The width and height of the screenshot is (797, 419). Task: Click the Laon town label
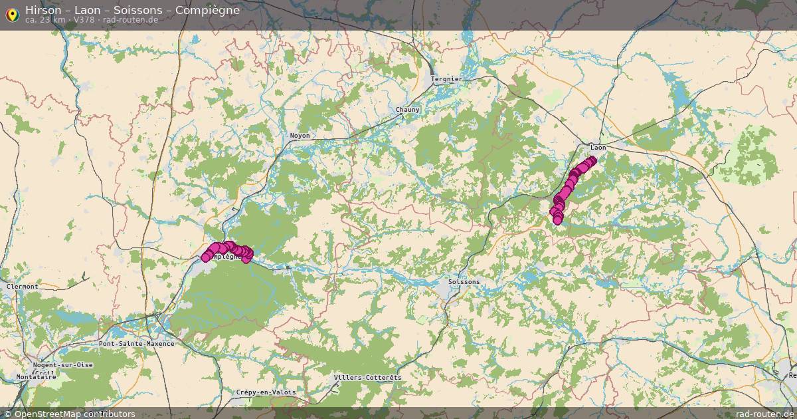pyautogui.click(x=598, y=147)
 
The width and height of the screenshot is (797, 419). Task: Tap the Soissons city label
pyautogui.click(x=464, y=282)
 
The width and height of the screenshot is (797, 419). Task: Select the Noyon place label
pyautogui.click(x=300, y=136)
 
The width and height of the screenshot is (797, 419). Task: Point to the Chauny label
pyautogui.click(x=407, y=109)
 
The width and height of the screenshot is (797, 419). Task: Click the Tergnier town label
pyautogui.click(x=446, y=78)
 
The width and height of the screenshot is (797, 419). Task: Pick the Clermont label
pyautogui.click(x=22, y=287)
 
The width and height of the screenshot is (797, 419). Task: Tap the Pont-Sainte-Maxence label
pyautogui.click(x=136, y=344)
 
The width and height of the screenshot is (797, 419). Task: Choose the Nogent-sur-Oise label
pyautogui.click(x=63, y=365)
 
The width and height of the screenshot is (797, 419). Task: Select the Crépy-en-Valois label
pyautogui.click(x=266, y=392)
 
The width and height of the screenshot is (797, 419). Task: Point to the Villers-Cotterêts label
pyautogui.click(x=367, y=378)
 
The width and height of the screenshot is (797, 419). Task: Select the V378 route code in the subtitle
pyautogui.click(x=84, y=20)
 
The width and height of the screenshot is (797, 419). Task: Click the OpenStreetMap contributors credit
pyautogui.click(x=74, y=414)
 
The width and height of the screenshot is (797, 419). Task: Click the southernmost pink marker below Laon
pyautogui.click(x=558, y=220)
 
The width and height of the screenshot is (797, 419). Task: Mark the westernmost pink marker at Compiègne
pyautogui.click(x=207, y=257)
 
